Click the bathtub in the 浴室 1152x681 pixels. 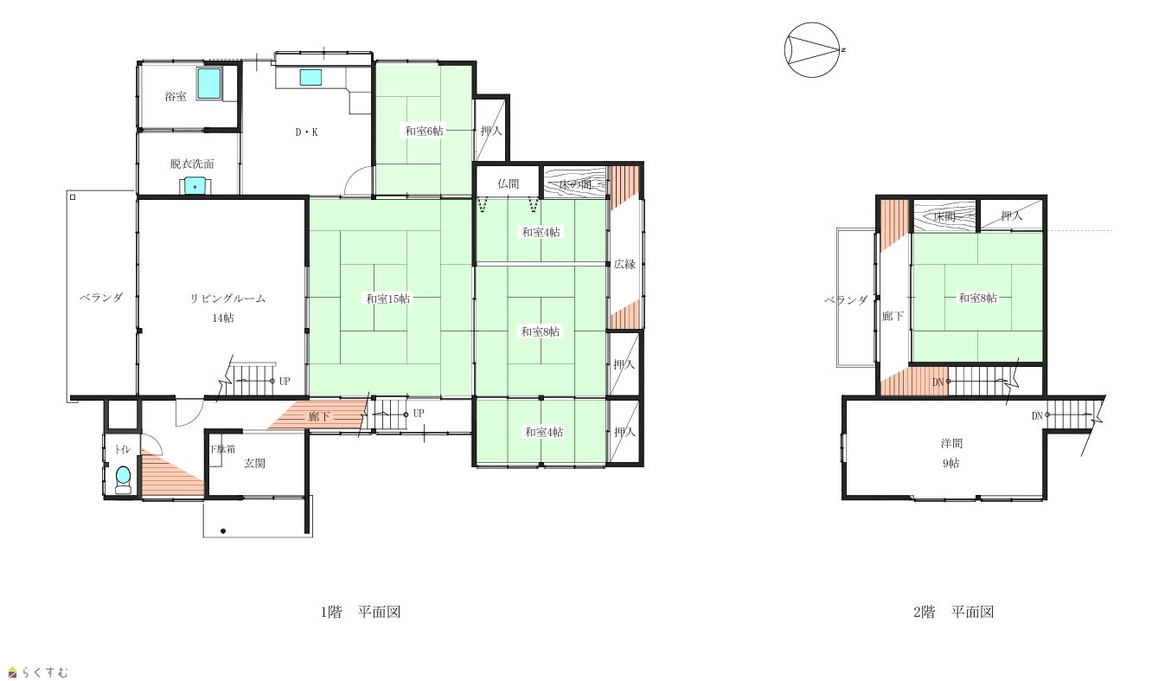(x=210, y=83)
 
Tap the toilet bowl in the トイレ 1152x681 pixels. (x=124, y=479)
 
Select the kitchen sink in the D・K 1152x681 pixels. (x=310, y=77)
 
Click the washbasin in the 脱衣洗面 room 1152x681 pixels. (x=195, y=185)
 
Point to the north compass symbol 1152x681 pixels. (x=813, y=50)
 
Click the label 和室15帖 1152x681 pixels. (x=387, y=299)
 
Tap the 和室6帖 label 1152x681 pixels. (x=424, y=132)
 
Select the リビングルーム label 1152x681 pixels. (x=227, y=299)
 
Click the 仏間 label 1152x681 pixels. (x=509, y=183)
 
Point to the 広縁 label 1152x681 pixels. (x=624, y=264)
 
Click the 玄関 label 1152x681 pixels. (x=254, y=463)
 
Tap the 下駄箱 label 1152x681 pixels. (x=222, y=449)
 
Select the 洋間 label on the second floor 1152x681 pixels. (x=951, y=443)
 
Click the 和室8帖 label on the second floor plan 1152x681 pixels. (x=977, y=298)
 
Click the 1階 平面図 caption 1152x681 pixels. (x=361, y=612)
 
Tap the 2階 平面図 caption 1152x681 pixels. (x=953, y=612)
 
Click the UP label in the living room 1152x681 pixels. (x=285, y=382)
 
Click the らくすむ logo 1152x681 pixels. (x=38, y=672)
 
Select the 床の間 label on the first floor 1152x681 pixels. (x=575, y=183)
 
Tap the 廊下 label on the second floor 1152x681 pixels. (x=893, y=316)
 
